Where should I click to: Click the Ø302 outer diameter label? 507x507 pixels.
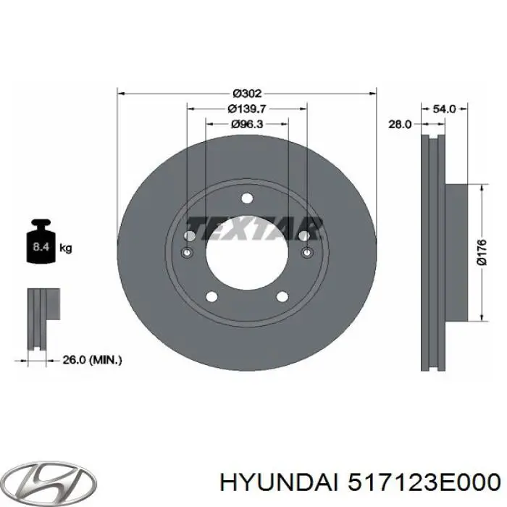(247, 93)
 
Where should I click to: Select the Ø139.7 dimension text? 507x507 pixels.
(247, 109)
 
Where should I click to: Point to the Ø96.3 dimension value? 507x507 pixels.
(247, 125)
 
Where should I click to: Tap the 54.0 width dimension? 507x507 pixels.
(443, 109)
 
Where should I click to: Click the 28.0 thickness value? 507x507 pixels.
(399, 125)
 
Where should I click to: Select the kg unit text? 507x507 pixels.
(65, 248)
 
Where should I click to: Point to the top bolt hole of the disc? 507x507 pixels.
(247, 199)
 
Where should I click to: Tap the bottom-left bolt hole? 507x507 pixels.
(211, 296)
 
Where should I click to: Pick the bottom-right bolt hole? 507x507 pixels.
(283, 296)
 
